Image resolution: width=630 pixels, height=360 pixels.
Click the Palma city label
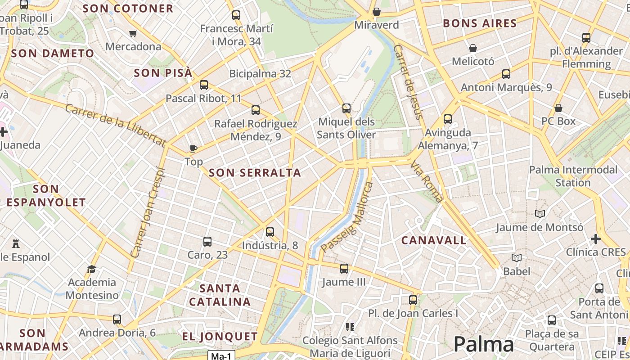[x=483, y=344]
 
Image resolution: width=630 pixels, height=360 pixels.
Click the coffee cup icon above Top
[x=193, y=148]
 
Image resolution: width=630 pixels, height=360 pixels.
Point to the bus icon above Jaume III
[x=344, y=269]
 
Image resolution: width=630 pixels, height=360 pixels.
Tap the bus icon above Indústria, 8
[x=270, y=232]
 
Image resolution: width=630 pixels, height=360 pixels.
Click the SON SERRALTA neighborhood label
[x=255, y=172]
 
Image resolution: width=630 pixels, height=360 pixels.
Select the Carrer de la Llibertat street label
[x=115, y=125]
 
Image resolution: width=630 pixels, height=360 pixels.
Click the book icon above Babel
[x=517, y=258]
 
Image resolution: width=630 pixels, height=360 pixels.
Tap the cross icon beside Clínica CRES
[x=596, y=238]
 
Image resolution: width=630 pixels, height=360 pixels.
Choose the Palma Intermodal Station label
[x=573, y=176]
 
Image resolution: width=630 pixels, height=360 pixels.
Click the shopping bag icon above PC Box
[x=558, y=108]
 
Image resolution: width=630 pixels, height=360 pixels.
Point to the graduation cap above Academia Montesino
[x=92, y=269]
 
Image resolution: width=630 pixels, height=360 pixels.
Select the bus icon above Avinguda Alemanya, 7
[x=447, y=119]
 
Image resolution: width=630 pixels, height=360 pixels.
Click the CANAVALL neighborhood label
[x=434, y=240]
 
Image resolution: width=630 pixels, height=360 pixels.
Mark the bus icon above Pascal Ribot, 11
[x=204, y=85]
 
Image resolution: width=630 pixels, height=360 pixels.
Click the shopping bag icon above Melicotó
[x=473, y=48]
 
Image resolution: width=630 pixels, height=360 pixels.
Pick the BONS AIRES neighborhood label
[x=480, y=23]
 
